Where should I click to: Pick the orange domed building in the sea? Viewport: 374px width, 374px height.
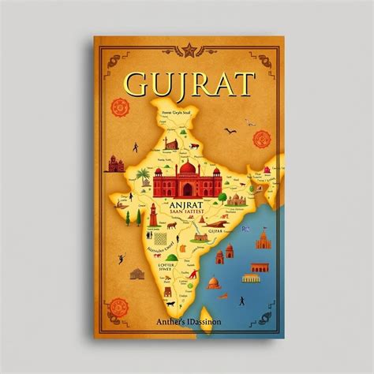tap(230, 254)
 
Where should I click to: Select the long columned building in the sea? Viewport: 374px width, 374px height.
tap(251, 278)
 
